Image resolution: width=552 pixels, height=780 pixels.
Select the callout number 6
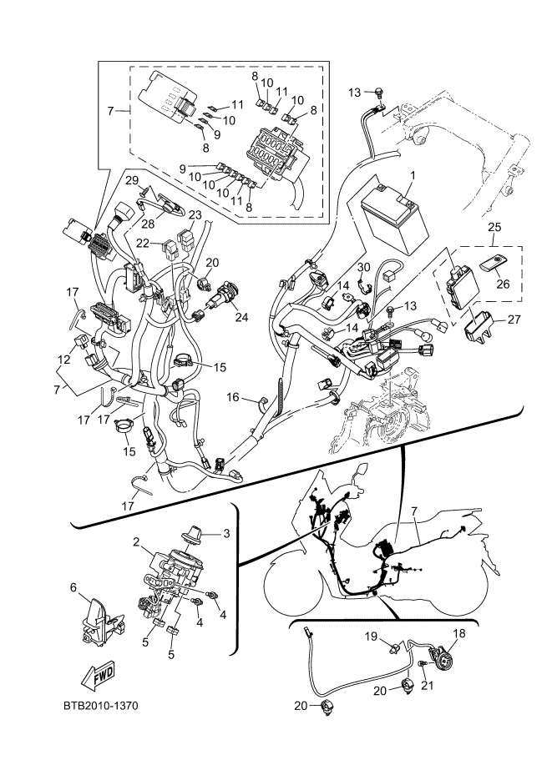pyautogui.click(x=73, y=588)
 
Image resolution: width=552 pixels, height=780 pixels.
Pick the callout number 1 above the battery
pyautogui.click(x=411, y=176)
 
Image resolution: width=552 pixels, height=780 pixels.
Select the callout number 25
pyautogui.click(x=494, y=227)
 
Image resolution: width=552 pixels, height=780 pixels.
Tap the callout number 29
pyautogui.click(x=131, y=179)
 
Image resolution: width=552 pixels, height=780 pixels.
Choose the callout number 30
pyautogui.click(x=363, y=267)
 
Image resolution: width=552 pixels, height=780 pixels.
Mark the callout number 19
pyautogui.click(x=372, y=637)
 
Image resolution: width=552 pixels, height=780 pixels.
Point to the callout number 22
pyautogui.click(x=143, y=244)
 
